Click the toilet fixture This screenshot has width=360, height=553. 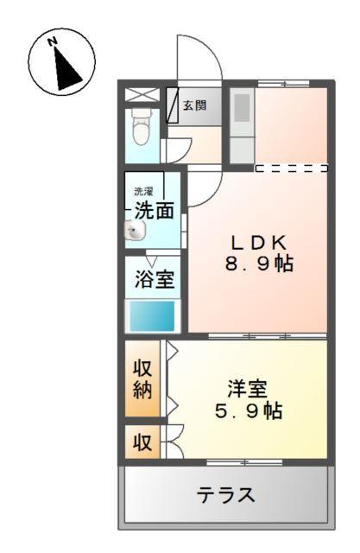[x=140, y=130]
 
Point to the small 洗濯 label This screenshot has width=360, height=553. [x=142, y=191]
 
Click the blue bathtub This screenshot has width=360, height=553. [x=153, y=315]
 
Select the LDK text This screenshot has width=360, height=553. [x=256, y=242]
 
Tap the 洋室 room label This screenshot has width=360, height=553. [x=248, y=388]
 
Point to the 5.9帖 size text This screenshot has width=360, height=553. [x=248, y=411]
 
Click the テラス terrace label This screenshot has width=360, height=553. [x=226, y=495]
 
